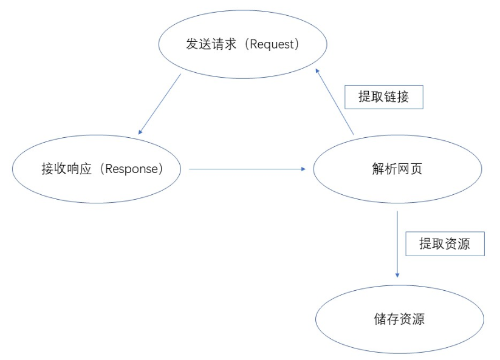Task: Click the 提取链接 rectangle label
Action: point(384,97)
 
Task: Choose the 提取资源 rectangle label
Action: point(445,243)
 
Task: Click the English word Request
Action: point(272,44)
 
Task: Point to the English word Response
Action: point(131,169)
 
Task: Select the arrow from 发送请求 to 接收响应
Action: point(159,104)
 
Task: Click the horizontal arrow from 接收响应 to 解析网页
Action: point(247,169)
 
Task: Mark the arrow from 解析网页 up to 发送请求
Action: point(335,101)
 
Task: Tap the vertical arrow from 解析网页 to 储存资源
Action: point(397,244)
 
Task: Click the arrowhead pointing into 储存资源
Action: point(397,275)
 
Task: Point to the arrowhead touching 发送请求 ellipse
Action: point(317,71)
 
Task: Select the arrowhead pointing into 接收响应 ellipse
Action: point(140,132)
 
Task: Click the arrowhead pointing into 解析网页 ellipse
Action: point(304,169)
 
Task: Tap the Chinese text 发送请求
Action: point(211,44)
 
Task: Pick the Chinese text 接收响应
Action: point(66,169)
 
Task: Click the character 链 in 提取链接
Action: point(390,97)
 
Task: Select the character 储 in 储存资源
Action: point(380,319)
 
